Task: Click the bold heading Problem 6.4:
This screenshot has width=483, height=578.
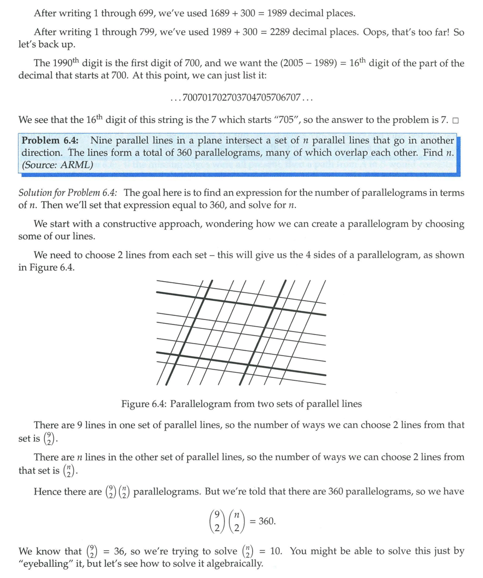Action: pyautogui.click(x=50, y=140)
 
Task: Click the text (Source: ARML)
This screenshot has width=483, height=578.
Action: pyautogui.click(x=57, y=164)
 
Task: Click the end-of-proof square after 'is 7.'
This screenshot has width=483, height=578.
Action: pyautogui.click(x=455, y=121)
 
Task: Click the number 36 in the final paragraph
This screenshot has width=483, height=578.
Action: pyautogui.click(x=121, y=551)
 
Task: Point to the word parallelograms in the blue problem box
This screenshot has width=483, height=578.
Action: pyautogui.click(x=225, y=152)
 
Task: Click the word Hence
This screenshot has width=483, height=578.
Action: pyautogui.click(x=46, y=491)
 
